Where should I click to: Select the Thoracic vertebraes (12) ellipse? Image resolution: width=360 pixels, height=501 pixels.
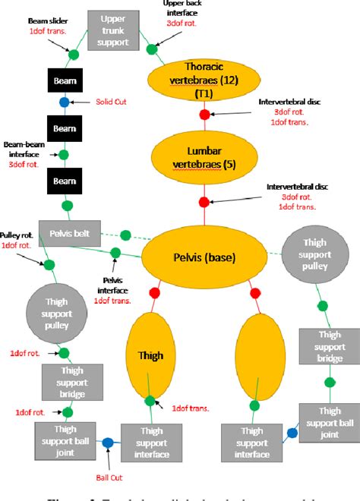(203, 77)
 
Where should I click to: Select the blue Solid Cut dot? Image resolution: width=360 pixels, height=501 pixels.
(65, 102)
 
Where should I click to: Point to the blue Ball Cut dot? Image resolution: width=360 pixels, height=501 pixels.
(108, 443)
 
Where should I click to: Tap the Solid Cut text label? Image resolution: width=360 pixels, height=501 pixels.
(111, 102)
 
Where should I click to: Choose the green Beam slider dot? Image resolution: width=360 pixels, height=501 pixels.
(74, 54)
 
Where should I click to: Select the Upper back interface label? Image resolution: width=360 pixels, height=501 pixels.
(182, 8)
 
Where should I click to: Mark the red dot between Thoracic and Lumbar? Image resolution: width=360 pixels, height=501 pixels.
(204, 115)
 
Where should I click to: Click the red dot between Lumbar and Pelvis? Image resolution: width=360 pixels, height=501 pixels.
(204, 202)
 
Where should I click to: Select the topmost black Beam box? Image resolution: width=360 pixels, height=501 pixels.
(65, 80)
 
